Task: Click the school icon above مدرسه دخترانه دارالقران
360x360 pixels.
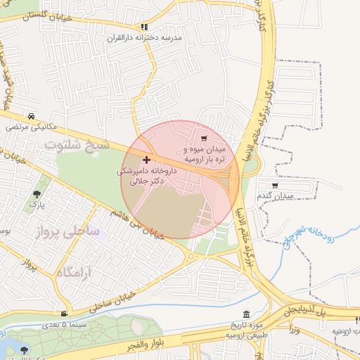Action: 145,27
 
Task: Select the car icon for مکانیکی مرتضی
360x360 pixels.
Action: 30,117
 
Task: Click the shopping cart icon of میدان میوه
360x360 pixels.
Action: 204,138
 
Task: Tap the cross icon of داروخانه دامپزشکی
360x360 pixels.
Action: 146,160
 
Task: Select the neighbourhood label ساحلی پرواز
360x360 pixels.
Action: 73,232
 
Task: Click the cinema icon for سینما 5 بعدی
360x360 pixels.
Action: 65,314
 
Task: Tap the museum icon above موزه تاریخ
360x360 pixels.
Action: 245,314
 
